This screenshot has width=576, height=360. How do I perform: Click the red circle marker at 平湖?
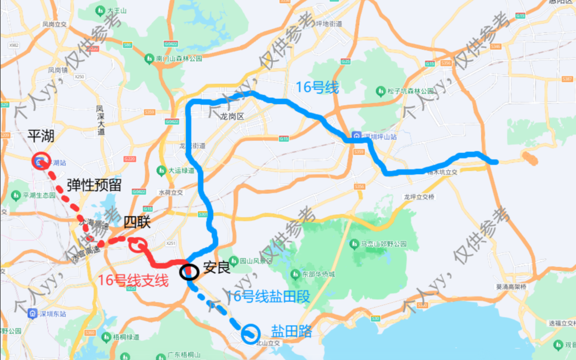40,161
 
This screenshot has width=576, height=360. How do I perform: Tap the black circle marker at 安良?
189,271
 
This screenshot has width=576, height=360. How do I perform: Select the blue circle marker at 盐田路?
250,333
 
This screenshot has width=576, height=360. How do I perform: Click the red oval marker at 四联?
139,245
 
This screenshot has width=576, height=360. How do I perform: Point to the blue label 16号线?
317,87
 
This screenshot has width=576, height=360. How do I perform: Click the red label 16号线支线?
133,281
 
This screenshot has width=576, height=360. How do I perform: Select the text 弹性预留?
94,185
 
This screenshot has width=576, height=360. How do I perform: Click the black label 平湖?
40,137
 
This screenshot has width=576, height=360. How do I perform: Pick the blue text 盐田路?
291,332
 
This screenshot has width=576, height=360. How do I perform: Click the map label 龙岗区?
232,117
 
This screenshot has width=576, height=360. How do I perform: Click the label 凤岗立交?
55,24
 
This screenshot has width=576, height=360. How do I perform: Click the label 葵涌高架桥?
511,287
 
